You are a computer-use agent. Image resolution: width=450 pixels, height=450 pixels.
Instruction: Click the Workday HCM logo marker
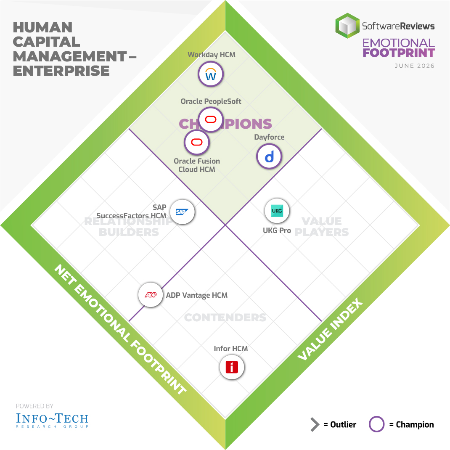coord(211,74)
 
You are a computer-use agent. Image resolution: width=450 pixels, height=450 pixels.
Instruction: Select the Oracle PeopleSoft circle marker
coord(211,119)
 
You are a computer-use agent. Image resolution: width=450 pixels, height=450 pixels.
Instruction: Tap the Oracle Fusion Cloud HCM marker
coord(197,142)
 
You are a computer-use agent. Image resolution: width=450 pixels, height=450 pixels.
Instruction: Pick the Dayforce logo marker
coord(269,156)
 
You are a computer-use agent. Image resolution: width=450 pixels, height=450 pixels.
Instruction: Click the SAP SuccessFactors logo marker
coord(182,212)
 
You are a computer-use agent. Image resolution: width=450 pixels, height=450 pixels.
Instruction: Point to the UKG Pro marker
coord(277,211)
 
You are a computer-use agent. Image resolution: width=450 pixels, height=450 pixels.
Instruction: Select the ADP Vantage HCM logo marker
coord(151,295)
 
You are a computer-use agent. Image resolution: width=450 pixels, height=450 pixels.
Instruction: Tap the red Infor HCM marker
coord(232,367)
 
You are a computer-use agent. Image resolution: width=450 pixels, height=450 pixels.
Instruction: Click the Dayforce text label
coord(269,137)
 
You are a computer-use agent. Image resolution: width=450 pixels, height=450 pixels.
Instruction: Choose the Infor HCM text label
coord(231,348)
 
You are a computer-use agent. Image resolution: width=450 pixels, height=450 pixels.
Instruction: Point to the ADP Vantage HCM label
coord(197,295)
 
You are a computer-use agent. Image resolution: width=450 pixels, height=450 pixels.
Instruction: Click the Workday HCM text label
coord(212,55)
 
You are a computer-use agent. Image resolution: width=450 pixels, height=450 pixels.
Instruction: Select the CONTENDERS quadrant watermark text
coord(225,318)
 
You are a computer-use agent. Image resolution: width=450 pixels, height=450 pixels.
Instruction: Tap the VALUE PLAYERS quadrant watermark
coord(322,226)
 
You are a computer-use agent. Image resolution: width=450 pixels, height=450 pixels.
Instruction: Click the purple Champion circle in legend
coord(376,424)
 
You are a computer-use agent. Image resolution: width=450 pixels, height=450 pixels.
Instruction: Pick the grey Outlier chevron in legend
coord(315,424)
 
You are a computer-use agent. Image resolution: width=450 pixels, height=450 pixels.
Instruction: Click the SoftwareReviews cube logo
coord(347,26)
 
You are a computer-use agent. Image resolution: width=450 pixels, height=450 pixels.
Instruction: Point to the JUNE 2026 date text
coord(415,66)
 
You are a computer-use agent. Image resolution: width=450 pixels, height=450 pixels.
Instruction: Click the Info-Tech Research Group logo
coord(52,420)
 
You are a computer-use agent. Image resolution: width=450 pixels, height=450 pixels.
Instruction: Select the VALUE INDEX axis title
coord(330,329)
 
